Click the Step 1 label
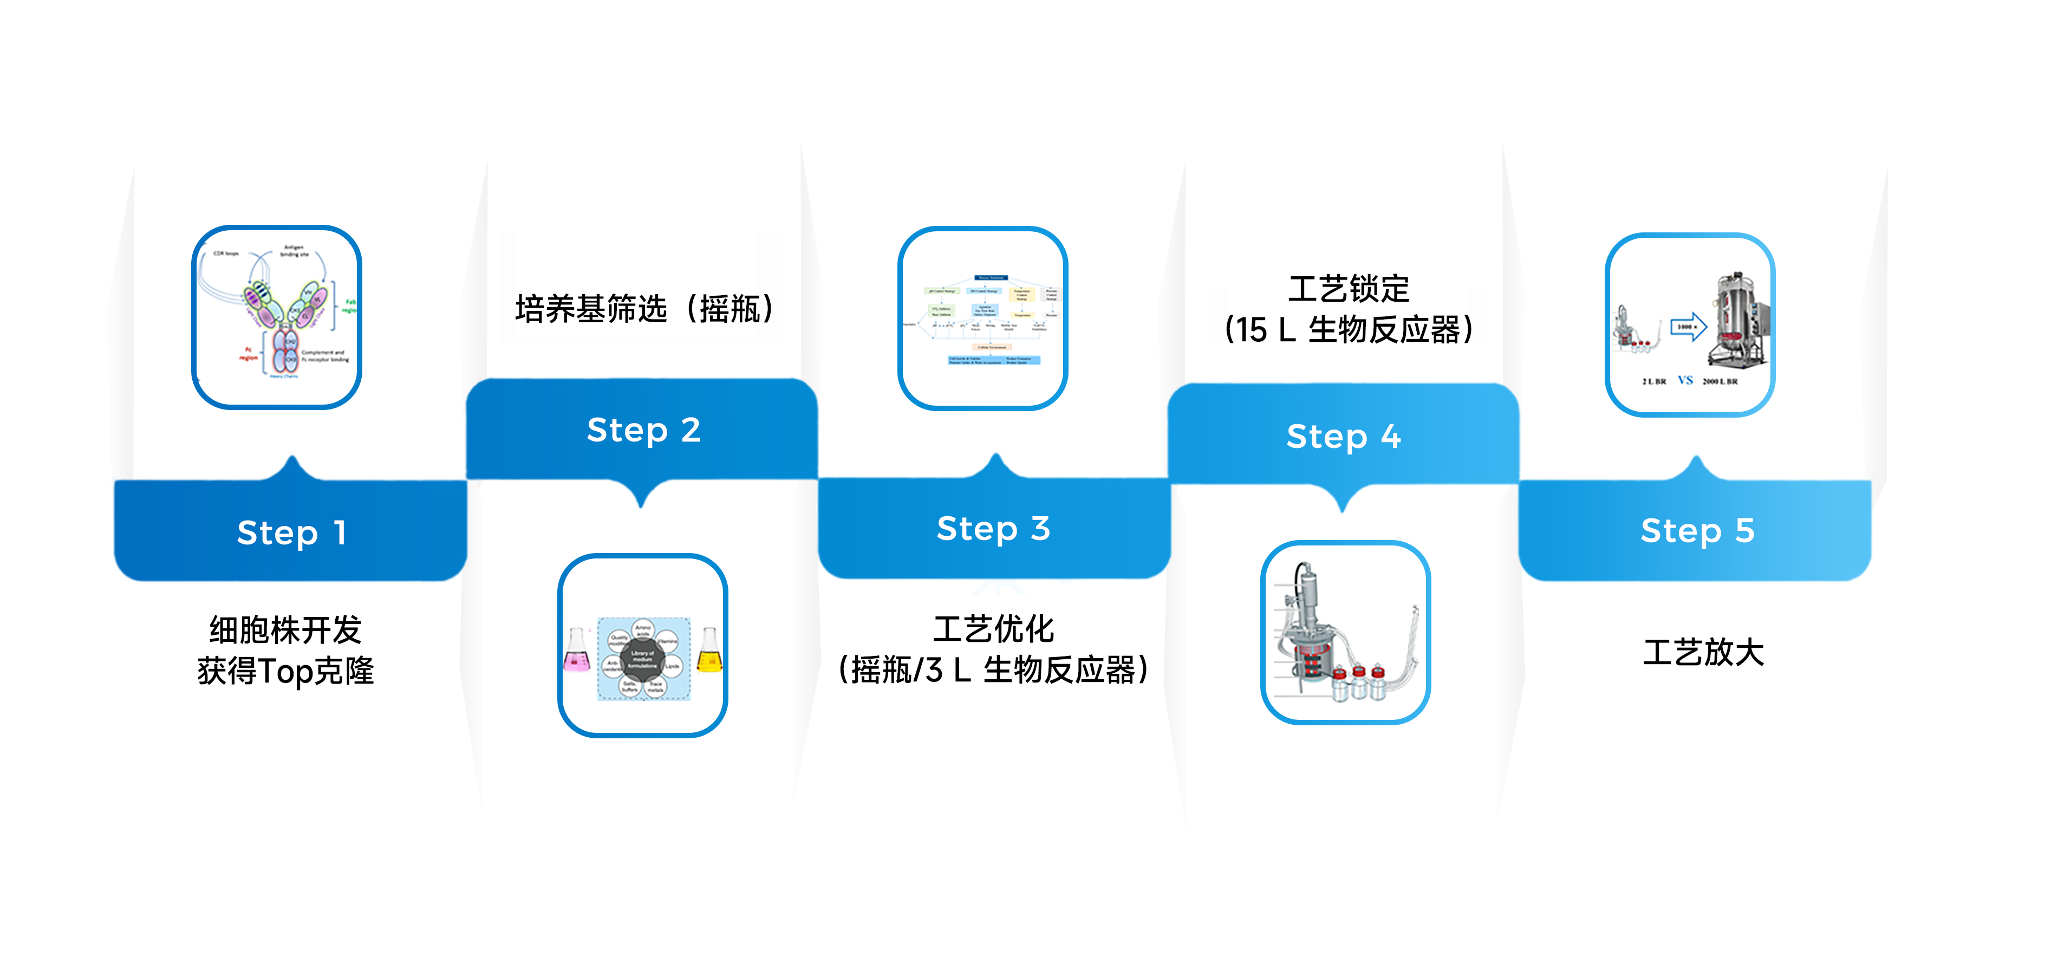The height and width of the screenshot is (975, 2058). pos(291,532)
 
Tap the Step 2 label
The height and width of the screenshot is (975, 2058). pos(643,430)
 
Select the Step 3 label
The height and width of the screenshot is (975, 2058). pos(993,528)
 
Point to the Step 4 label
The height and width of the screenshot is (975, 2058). pos(1343,437)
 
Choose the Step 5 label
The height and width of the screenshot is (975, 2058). pos(1697,531)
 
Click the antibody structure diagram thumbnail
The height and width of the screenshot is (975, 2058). pos(276,317)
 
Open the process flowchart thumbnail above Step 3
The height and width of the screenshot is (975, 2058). pos(982,318)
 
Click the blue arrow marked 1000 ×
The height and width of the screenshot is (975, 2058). pos(1688,327)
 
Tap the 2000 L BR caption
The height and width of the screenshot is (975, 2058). pos(1720,381)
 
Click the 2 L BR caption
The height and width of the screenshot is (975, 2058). pos(1654,381)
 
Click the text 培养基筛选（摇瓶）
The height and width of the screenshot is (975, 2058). pos(644,309)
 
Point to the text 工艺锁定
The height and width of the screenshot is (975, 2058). pos(1349,289)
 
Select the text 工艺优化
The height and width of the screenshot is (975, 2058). pos(993,629)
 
